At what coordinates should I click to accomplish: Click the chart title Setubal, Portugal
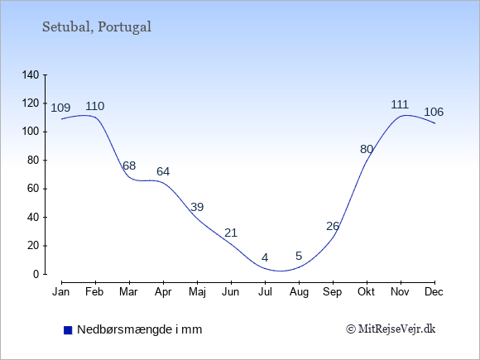(x=97, y=27)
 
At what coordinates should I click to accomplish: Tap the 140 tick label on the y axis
(x=31, y=75)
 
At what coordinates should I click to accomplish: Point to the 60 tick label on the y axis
(x=33, y=189)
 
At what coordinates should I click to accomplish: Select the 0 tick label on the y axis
(x=36, y=274)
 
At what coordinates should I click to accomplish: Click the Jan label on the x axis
(x=61, y=292)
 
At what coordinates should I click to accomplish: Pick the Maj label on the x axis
(x=197, y=292)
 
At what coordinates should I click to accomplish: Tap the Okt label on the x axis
(x=366, y=292)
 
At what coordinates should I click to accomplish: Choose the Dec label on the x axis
(x=434, y=292)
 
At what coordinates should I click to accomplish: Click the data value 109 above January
(x=60, y=108)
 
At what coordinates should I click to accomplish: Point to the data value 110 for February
(x=95, y=106)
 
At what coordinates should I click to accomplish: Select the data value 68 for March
(x=129, y=166)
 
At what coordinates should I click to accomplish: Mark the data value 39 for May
(x=197, y=207)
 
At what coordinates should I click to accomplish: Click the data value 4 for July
(x=265, y=257)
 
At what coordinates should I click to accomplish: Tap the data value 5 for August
(x=299, y=256)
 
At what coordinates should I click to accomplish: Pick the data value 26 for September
(x=333, y=226)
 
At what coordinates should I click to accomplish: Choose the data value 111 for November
(x=400, y=105)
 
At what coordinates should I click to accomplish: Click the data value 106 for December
(x=434, y=112)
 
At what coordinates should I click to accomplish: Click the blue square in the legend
(x=68, y=330)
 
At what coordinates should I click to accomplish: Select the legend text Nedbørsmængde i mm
(x=140, y=329)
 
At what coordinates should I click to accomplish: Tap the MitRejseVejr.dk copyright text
(x=391, y=329)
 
